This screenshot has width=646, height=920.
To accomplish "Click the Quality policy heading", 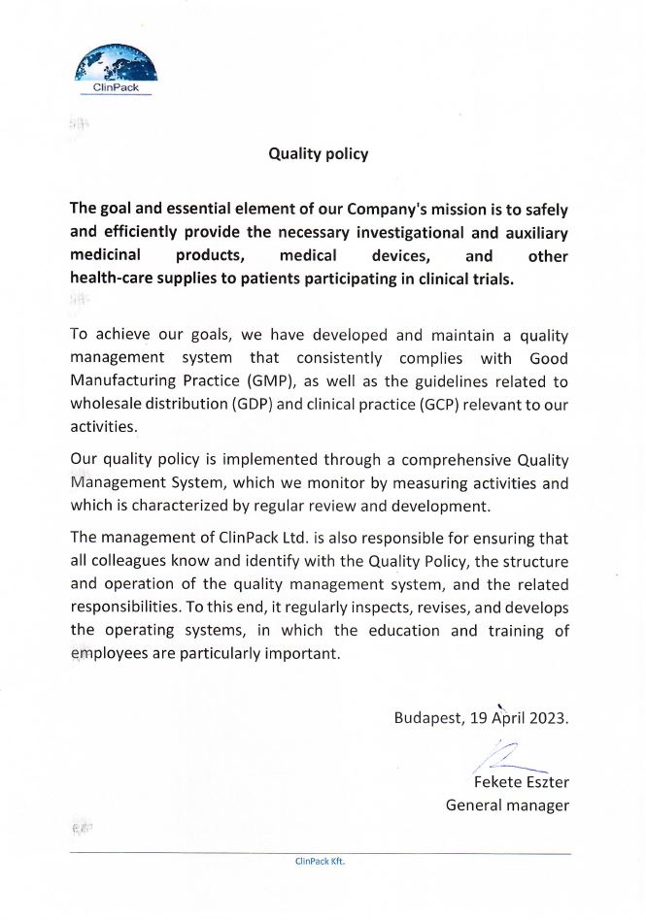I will pyautogui.click(x=318, y=153).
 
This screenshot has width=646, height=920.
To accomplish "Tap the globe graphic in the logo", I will pyautogui.click(x=117, y=63).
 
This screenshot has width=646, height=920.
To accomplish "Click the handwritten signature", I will pyautogui.click(x=510, y=755).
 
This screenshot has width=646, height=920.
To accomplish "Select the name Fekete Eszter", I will pyautogui.click(x=521, y=782).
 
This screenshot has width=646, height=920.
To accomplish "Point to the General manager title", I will pyautogui.click(x=507, y=805).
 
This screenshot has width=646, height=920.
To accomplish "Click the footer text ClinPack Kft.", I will pyautogui.click(x=320, y=861).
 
